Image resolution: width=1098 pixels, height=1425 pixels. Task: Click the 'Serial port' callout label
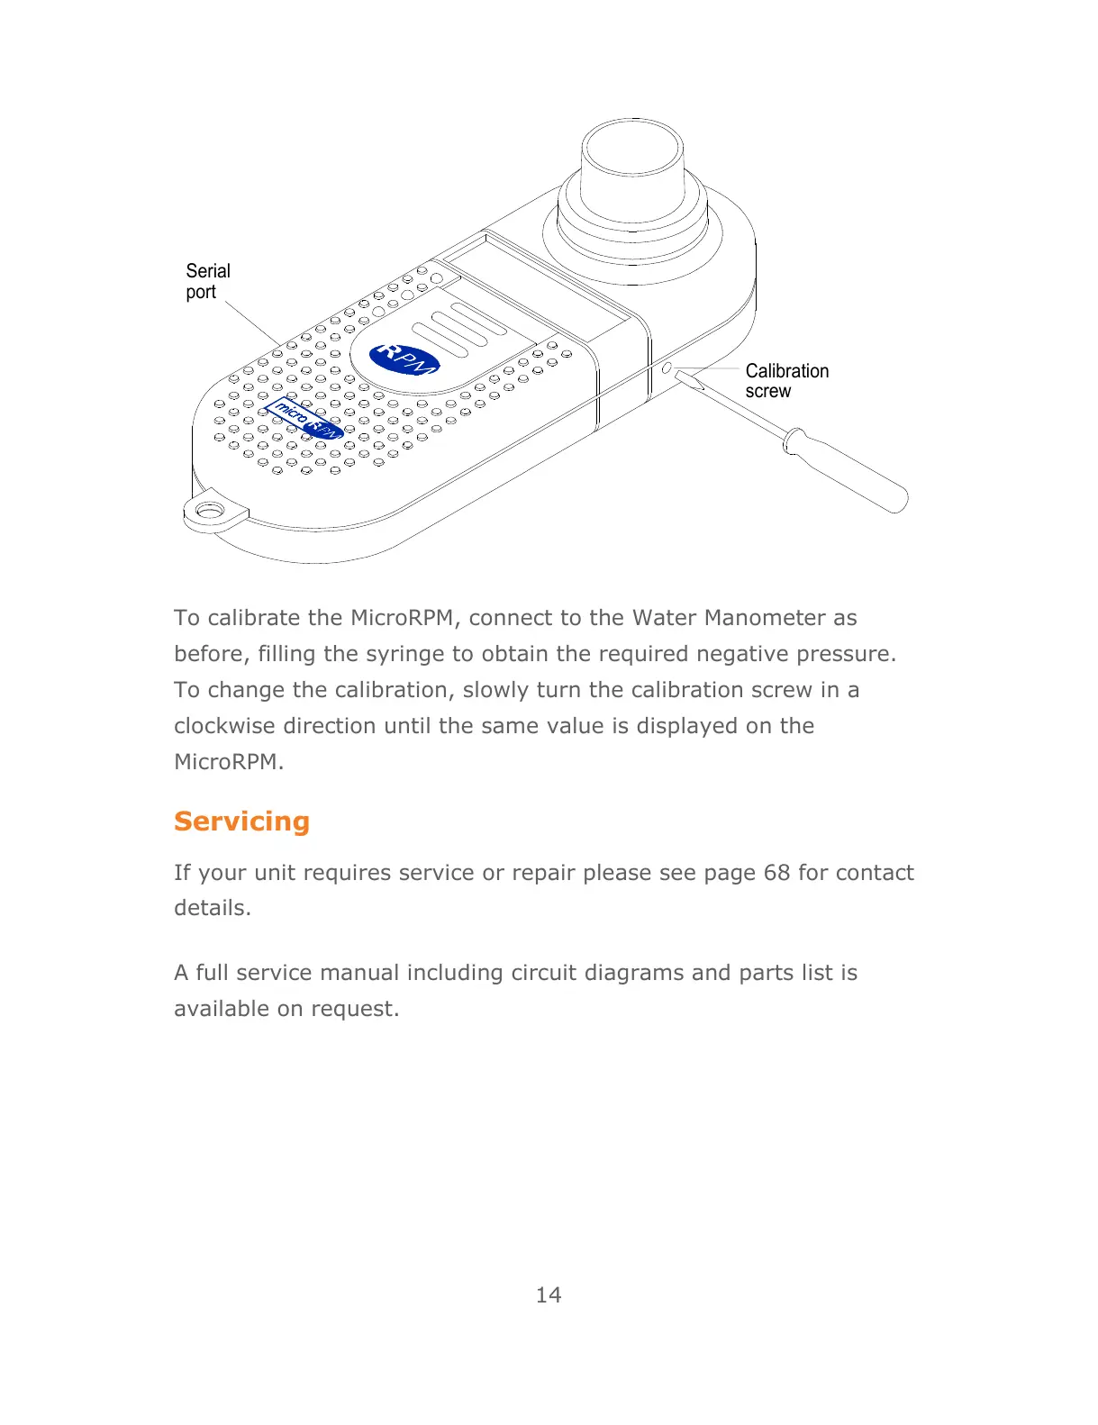coord(207,281)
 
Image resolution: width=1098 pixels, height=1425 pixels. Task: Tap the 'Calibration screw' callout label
coord(785,381)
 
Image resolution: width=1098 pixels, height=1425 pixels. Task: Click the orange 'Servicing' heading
coord(241,821)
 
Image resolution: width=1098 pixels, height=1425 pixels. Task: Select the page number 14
coord(548,1295)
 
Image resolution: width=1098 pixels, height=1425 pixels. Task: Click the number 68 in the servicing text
coord(776,873)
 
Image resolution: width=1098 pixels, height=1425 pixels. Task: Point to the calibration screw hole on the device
coord(667,368)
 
